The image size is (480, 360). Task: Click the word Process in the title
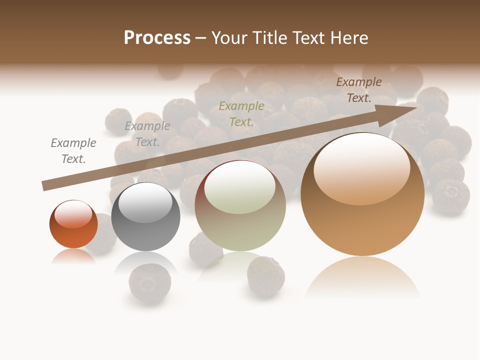(157, 38)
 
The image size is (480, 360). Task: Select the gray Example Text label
(147, 134)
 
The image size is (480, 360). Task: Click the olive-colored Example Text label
(241, 113)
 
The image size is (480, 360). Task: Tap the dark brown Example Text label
(358, 90)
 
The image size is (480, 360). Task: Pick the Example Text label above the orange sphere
(73, 151)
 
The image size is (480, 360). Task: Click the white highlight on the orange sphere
(73, 214)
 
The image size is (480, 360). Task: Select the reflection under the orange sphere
(73, 256)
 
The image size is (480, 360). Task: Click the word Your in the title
(229, 38)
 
